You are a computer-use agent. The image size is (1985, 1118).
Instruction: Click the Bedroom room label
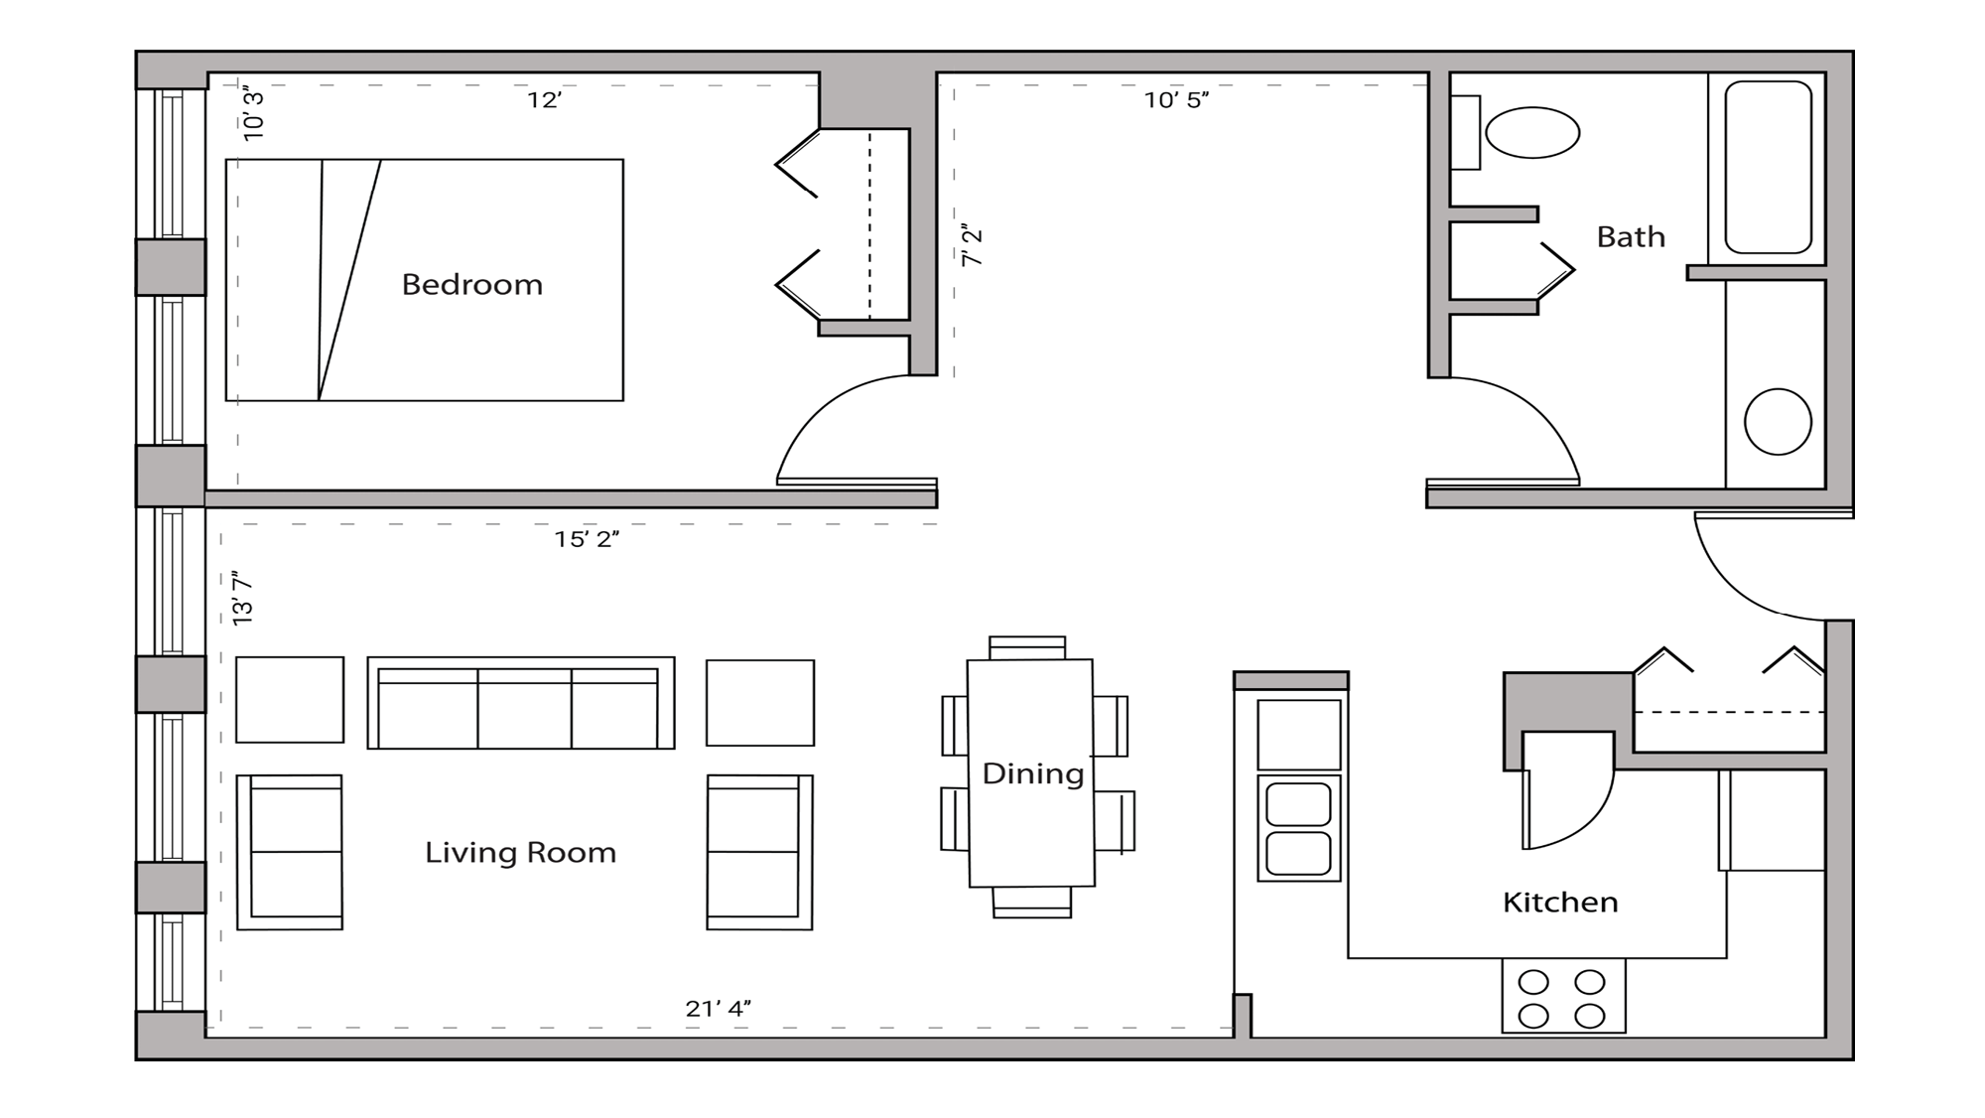click(x=471, y=285)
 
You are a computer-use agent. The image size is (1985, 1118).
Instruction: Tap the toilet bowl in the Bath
click(x=1531, y=133)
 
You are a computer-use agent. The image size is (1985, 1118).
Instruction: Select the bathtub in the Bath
click(x=1768, y=167)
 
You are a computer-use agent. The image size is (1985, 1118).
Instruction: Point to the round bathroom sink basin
click(x=1777, y=422)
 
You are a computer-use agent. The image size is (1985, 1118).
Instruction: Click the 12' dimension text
click(x=544, y=100)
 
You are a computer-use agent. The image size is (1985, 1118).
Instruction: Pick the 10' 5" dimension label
click(x=1176, y=100)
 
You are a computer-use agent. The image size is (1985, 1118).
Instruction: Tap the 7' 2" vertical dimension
click(x=972, y=245)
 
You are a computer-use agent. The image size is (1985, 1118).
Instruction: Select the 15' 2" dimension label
click(x=587, y=539)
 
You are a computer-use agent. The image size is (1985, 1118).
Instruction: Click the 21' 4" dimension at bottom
click(x=718, y=1009)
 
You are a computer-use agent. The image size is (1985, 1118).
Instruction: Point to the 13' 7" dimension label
click(x=243, y=598)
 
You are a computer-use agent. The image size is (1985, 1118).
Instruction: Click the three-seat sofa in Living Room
click(x=520, y=703)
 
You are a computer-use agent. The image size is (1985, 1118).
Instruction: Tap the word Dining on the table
click(x=1032, y=774)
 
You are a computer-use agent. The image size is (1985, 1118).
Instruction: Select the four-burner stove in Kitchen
click(x=1562, y=997)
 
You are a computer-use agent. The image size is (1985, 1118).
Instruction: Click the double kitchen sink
click(x=1298, y=828)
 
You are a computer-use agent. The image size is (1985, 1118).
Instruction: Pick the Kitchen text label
click(x=1559, y=903)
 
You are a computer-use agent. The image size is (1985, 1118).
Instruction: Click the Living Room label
click(x=520, y=853)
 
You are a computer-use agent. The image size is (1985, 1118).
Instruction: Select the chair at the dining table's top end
click(x=1027, y=647)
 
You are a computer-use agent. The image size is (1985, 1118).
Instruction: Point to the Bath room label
click(x=1630, y=237)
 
